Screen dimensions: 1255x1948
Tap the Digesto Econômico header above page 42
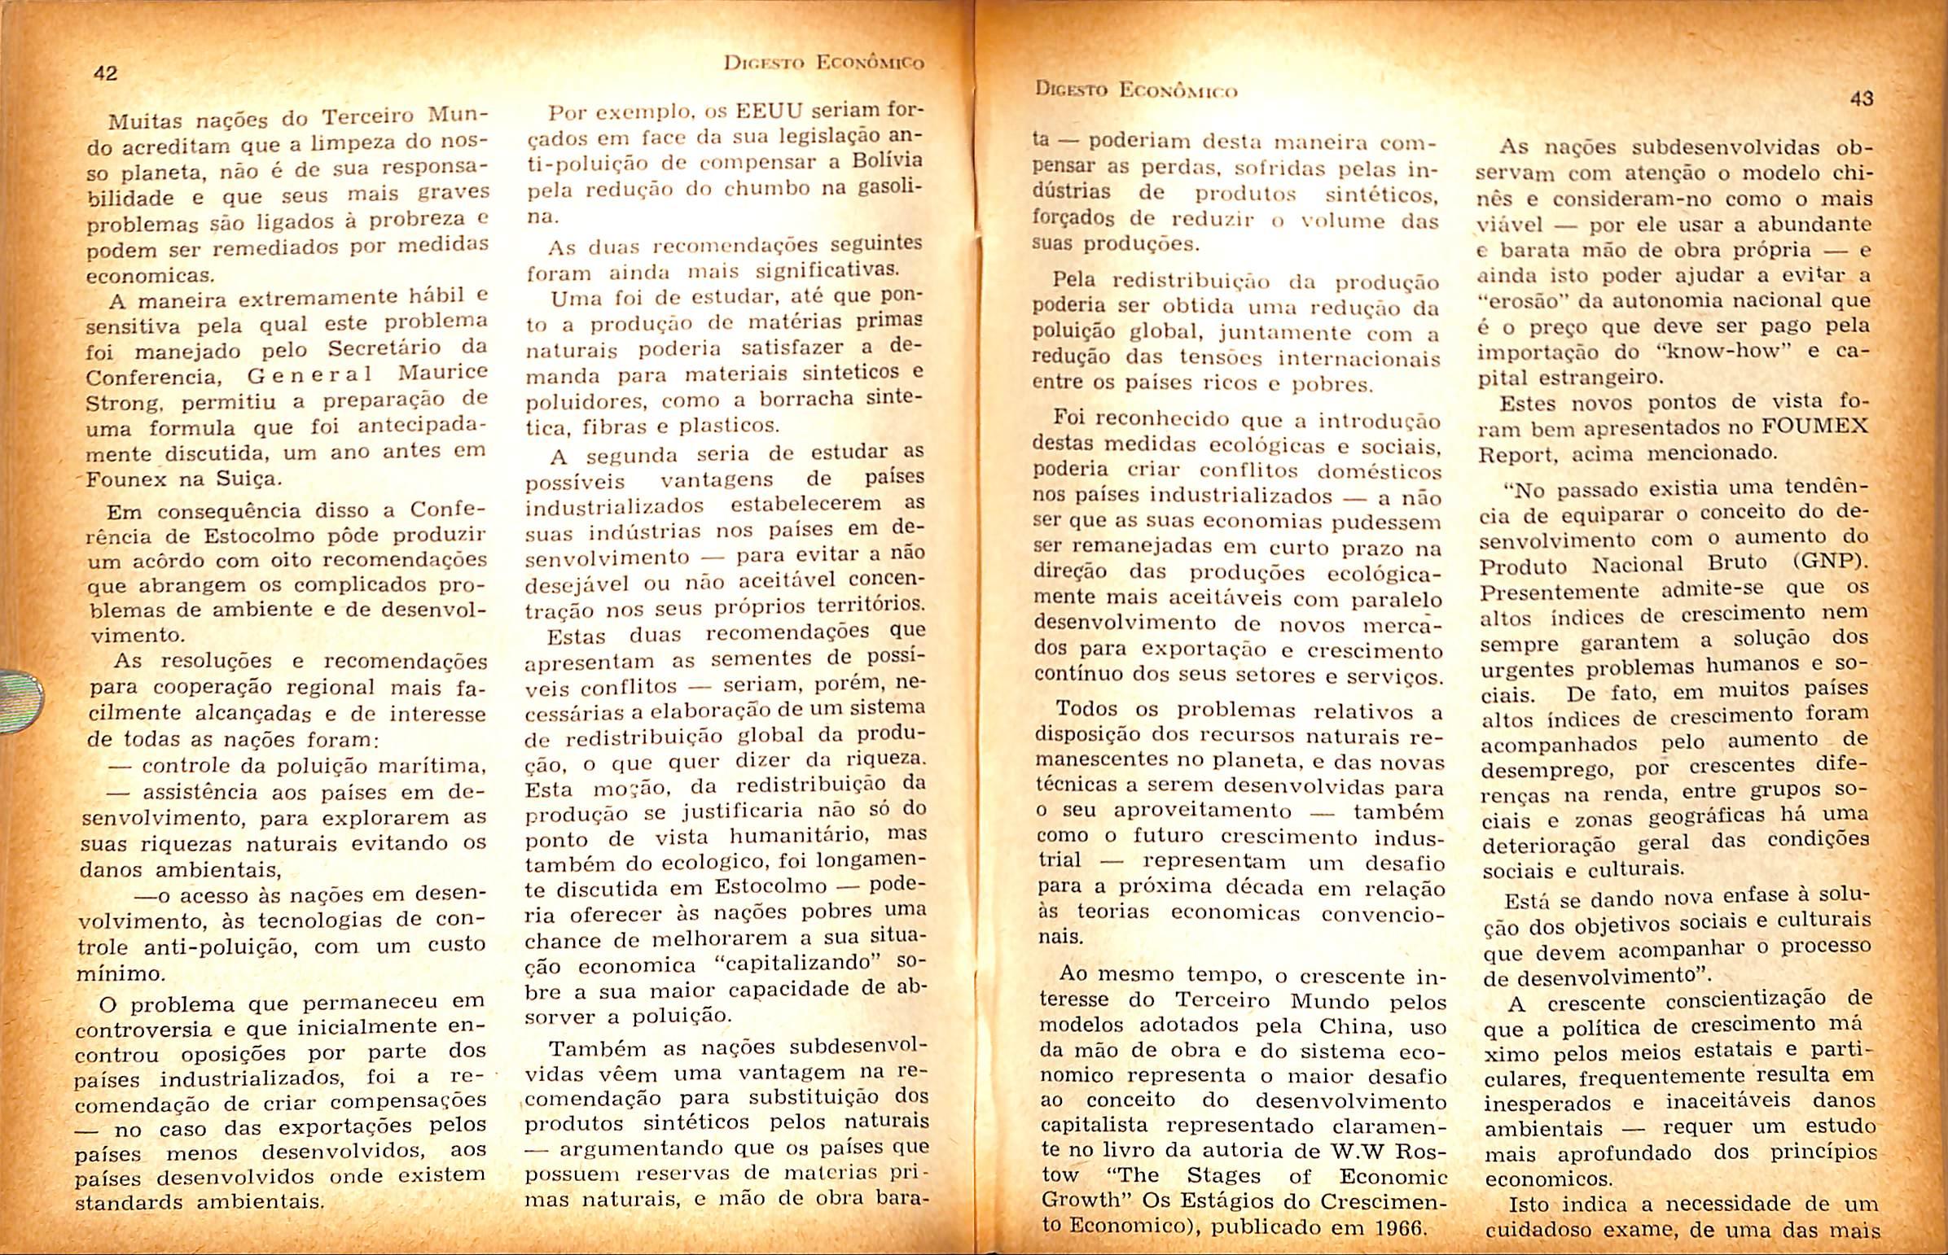[823, 63]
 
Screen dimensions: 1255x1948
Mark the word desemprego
[1545, 770]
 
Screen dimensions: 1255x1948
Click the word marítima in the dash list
[437, 766]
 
